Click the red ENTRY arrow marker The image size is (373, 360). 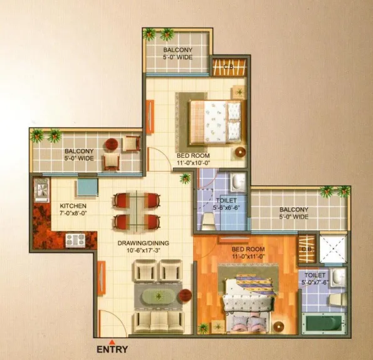click(111, 342)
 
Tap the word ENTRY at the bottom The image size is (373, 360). click(112, 349)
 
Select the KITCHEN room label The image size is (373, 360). click(73, 206)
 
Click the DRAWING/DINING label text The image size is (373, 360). click(143, 243)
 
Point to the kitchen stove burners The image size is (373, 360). click(75, 240)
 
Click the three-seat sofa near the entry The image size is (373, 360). click(159, 321)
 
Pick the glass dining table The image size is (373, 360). click(137, 212)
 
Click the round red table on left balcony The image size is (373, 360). click(112, 144)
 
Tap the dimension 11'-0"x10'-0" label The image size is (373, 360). click(193, 163)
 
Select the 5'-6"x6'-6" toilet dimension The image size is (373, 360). click(226, 207)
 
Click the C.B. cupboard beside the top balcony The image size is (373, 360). click(229, 67)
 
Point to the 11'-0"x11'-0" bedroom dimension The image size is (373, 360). click(248, 257)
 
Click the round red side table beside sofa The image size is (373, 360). click(186, 296)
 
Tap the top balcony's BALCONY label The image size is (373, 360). click(177, 50)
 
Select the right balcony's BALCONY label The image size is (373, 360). click(294, 209)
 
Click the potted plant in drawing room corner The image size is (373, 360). click(185, 178)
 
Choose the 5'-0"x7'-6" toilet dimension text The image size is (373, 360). click(315, 282)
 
